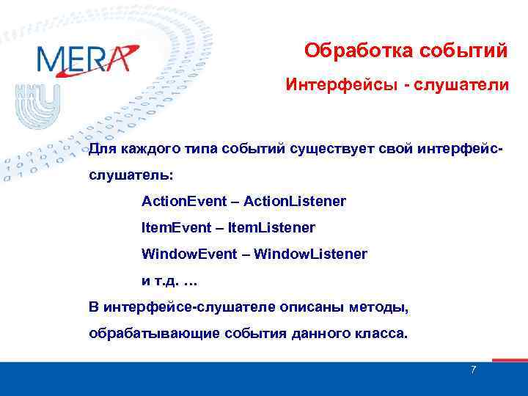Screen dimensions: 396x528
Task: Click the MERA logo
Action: pyautogui.click(x=87, y=59)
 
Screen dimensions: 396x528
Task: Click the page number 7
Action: pyautogui.click(x=473, y=370)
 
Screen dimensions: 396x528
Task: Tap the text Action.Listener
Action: pyautogui.click(x=295, y=200)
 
